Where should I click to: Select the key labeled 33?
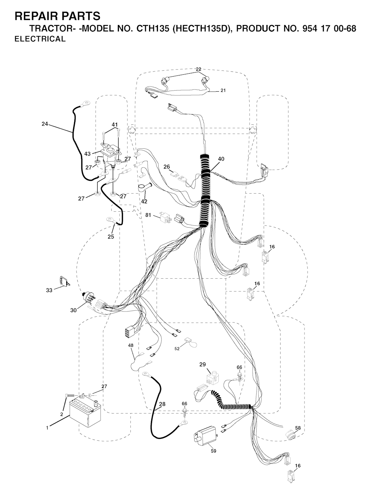coord(62,281)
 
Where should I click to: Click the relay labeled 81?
coord(165,217)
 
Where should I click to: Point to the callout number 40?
coord(221,159)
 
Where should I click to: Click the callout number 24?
coord(45,124)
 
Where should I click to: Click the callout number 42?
coord(144,201)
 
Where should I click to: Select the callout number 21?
coord(223,91)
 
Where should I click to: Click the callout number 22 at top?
coord(198,69)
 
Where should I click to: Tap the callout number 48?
coord(131,345)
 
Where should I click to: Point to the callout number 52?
coord(177,349)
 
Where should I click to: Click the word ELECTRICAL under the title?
coord(40,39)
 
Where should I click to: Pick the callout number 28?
coord(162,404)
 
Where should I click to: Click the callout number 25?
coord(111,237)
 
